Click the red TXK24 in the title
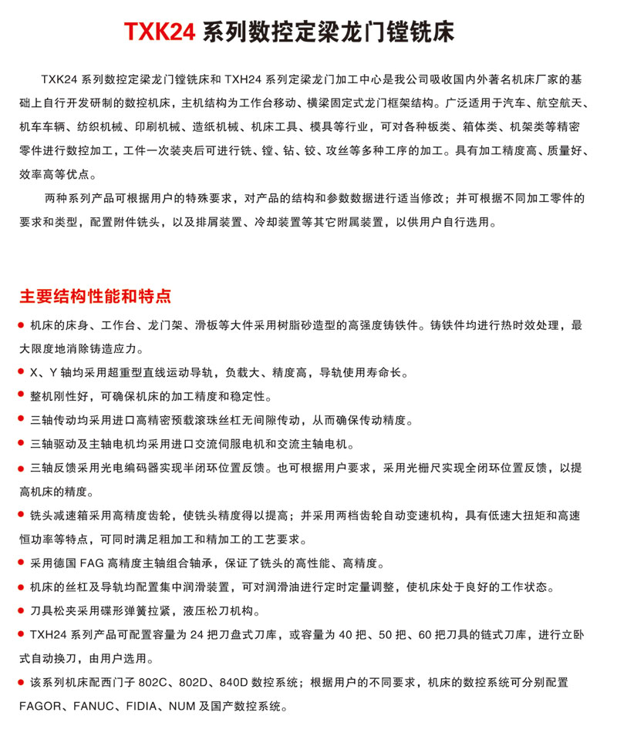click(160, 32)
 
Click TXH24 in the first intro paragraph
click(248, 79)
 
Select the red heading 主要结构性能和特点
click(95, 297)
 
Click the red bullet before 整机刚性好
click(22, 396)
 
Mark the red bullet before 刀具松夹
click(22, 611)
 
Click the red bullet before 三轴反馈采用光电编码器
click(22, 468)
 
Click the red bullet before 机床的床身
click(22, 325)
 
